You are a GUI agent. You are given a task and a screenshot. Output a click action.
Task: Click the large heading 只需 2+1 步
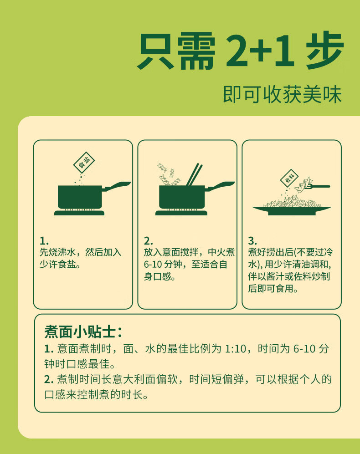(240, 51)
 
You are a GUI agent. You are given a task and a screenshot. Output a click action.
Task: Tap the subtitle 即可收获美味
(283, 94)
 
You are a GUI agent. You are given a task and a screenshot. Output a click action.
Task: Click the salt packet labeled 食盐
(84, 162)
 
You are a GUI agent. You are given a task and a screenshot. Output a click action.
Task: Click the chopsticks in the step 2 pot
(195, 174)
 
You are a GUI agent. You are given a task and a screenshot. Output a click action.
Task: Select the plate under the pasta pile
(292, 210)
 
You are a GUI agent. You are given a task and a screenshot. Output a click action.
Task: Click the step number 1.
(44, 241)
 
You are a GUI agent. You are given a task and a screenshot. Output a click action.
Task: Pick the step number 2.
(149, 241)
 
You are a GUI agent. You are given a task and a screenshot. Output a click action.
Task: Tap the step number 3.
(252, 241)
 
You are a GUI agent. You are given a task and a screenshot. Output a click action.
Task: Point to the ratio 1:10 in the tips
(235, 349)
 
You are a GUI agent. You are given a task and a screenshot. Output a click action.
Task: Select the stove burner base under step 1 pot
(79, 213)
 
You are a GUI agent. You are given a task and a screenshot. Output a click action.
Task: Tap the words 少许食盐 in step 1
(58, 265)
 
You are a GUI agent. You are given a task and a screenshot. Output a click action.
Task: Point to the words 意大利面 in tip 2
(134, 379)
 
